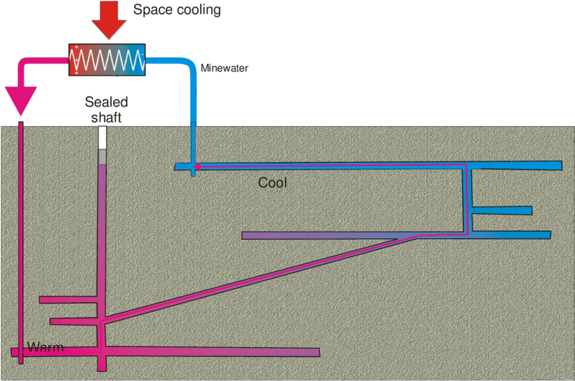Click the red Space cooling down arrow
pyautogui.click(x=108, y=20)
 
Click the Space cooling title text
pyautogui.click(x=177, y=10)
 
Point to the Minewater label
pyautogui.click(x=225, y=68)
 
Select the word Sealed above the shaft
pyautogui.click(x=106, y=102)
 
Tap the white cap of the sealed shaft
pyautogui.click(x=103, y=138)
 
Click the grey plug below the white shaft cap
pyautogui.click(x=103, y=157)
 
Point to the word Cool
pyautogui.click(x=273, y=182)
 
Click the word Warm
pyautogui.click(x=45, y=348)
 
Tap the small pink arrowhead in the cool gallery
pyautogui.click(x=196, y=166)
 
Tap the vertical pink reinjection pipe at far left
pyautogui.click(x=20, y=236)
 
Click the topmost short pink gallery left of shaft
pyautogui.click(x=68, y=299)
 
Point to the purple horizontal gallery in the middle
pyautogui.click(x=318, y=236)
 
